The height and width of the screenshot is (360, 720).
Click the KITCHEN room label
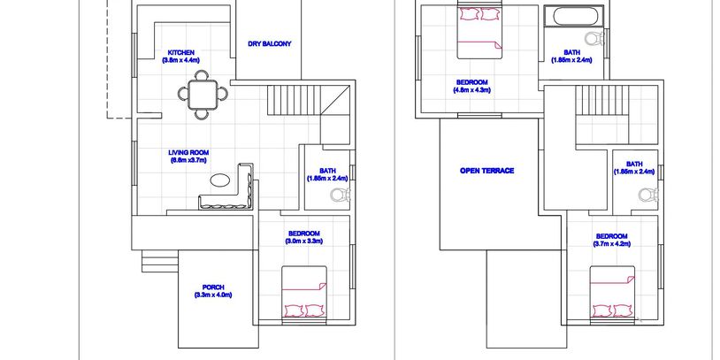coord(180,52)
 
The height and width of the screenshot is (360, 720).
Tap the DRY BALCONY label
coord(270,44)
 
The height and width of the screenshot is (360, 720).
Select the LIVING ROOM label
coord(188,152)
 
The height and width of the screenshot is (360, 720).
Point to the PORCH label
coord(213,287)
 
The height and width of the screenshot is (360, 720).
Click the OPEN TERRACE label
coord(486,171)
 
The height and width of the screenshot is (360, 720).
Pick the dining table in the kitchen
coord(203,94)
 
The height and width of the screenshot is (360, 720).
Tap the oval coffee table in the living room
coord(220,180)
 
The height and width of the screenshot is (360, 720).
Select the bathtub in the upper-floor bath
coord(573,16)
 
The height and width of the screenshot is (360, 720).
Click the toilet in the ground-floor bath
coord(341,195)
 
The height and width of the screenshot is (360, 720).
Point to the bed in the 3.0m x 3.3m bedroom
coord(304,292)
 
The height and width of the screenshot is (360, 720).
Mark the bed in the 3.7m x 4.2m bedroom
coord(613,292)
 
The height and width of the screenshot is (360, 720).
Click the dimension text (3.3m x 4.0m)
coord(213,295)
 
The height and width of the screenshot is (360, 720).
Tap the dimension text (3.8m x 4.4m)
coord(180,60)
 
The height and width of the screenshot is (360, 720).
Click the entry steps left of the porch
coord(159,261)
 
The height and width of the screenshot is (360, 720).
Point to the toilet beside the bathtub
coord(595,39)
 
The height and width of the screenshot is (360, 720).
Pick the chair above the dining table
coord(201,75)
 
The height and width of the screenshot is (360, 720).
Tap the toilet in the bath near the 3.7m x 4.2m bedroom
coord(647,195)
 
